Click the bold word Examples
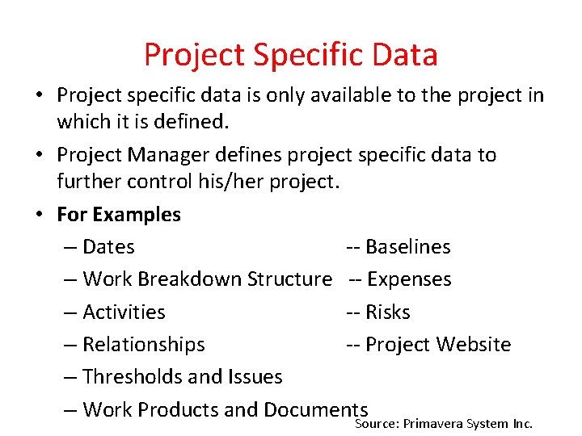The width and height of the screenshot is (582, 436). coord(137,215)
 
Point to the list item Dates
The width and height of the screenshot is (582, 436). coord(108,247)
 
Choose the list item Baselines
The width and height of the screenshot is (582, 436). coord(408,247)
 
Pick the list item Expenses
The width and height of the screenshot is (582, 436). coord(409,279)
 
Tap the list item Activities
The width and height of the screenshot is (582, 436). coord(124,312)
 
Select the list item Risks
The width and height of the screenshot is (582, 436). coord(388,312)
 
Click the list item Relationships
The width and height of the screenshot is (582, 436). coord(144,344)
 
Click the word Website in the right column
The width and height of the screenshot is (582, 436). coord(474,344)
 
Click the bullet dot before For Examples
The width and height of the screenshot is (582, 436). coord(39,215)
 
